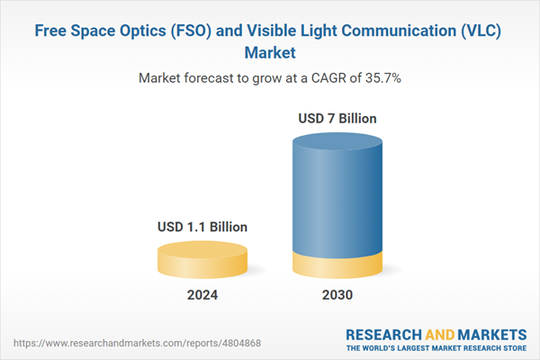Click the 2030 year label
(x=337, y=295)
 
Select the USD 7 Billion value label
(x=337, y=118)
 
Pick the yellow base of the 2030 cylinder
(x=337, y=265)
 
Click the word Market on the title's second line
(x=270, y=51)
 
